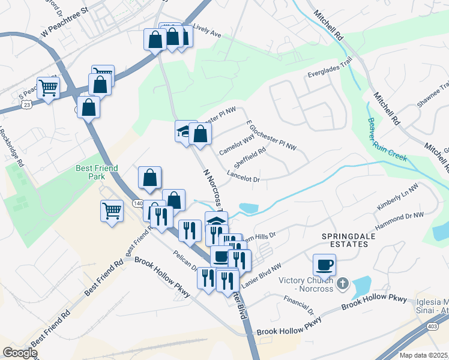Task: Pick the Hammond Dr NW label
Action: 400,221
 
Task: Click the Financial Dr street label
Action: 300,305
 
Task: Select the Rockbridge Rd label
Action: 11,147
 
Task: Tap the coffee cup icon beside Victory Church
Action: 324,264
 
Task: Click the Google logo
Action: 20,353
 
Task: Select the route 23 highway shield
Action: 26,103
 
